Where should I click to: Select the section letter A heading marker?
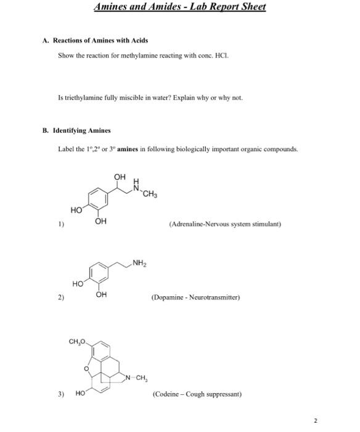point(45,41)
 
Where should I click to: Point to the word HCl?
point(224,55)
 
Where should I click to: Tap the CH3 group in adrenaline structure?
point(150,197)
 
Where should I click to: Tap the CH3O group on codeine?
point(78,341)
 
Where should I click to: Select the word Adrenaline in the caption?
point(188,225)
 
